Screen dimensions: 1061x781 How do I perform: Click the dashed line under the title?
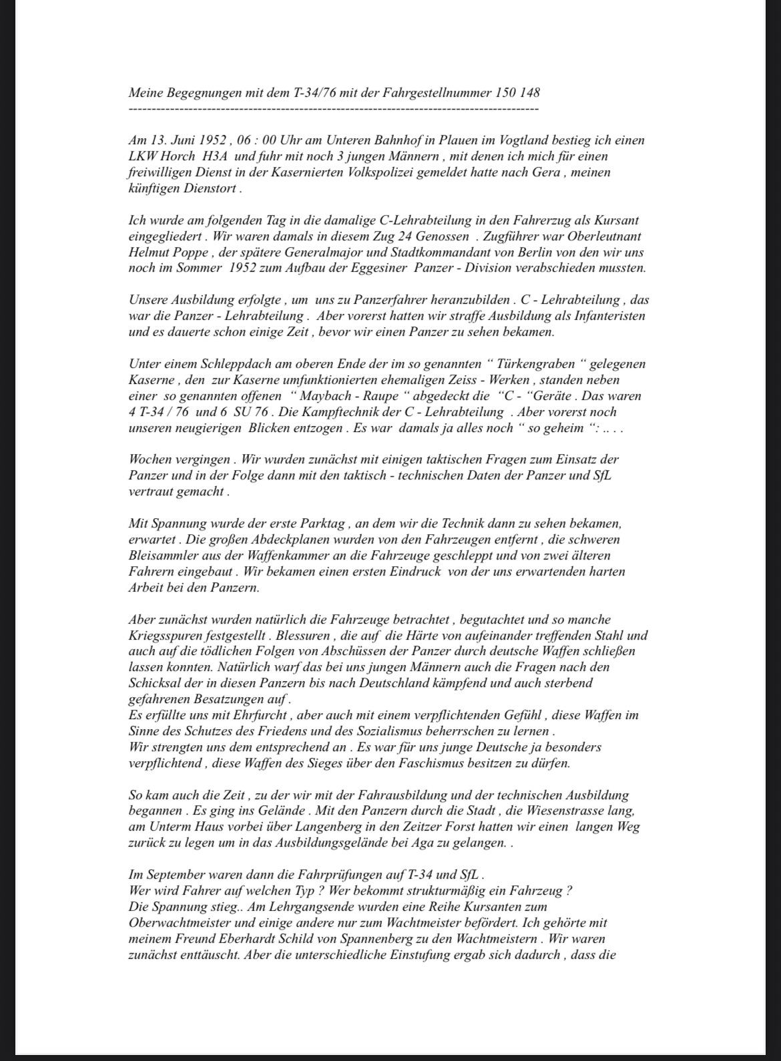tap(333, 108)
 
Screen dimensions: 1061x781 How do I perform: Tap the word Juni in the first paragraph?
tap(181, 140)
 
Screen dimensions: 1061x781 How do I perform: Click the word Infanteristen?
tap(603, 316)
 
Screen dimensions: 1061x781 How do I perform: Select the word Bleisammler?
tap(163, 556)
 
